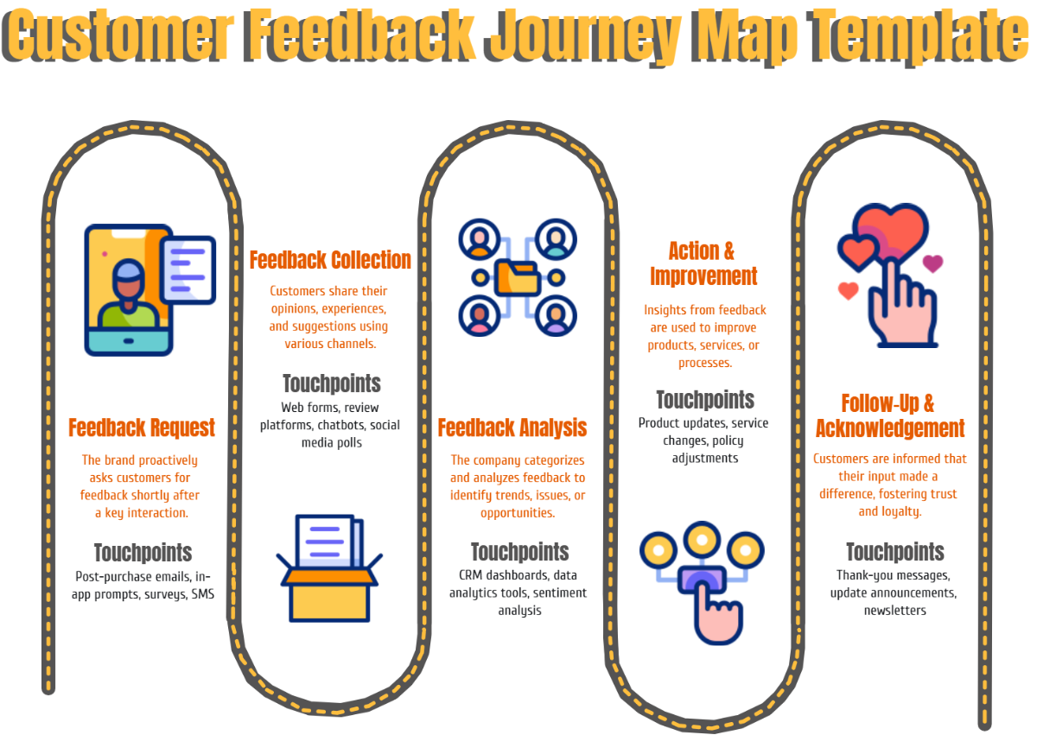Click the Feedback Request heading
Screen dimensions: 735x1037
pyautogui.click(x=142, y=428)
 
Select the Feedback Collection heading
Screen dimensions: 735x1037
pyautogui.click(x=330, y=260)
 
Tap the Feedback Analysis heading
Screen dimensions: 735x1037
pyautogui.click(x=512, y=428)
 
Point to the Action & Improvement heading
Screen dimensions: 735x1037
pyautogui.click(x=703, y=263)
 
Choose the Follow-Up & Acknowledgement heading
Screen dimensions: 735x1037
pyautogui.click(x=890, y=416)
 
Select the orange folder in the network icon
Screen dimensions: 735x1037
pyautogui.click(x=517, y=277)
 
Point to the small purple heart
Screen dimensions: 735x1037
pyautogui.click(x=932, y=263)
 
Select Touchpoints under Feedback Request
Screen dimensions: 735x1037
pyautogui.click(x=143, y=553)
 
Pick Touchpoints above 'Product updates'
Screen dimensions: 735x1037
pyautogui.click(x=705, y=400)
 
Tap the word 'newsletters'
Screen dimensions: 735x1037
pyautogui.click(x=894, y=611)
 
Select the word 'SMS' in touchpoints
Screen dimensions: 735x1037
pyautogui.click(x=202, y=594)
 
